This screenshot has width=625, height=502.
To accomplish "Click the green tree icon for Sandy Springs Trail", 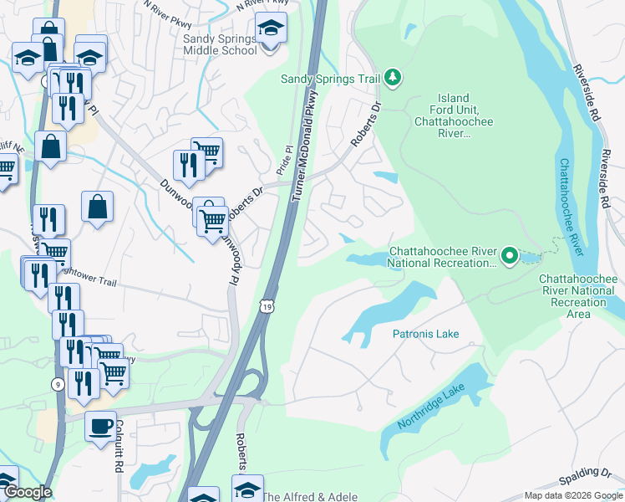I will click(393, 79).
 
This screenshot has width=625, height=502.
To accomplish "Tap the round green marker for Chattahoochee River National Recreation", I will click(510, 254).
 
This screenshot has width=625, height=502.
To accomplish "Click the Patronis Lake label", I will click(425, 334).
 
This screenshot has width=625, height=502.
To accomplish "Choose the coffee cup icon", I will click(100, 426).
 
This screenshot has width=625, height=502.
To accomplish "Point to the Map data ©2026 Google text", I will click(572, 495).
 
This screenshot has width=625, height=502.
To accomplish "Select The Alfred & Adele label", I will click(310, 496).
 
